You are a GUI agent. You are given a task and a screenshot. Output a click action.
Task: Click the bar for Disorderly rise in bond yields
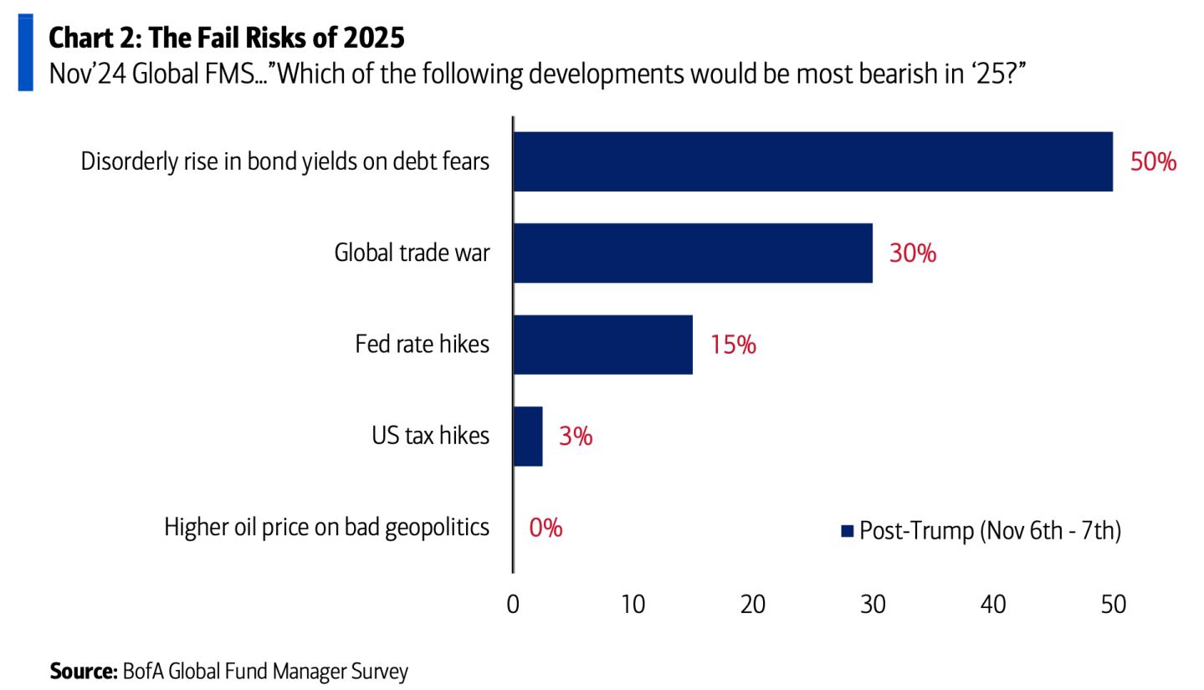[812, 161]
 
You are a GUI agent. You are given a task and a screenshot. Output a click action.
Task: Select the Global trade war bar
[692, 253]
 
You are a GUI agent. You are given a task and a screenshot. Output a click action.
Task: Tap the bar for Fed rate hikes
[602, 345]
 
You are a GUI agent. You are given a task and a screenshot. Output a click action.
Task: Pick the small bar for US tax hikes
[527, 436]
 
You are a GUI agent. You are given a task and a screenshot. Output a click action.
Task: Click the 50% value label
[1153, 162]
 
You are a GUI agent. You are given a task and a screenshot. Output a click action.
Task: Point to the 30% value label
[913, 253]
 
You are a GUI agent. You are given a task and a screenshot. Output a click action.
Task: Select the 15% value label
[733, 345]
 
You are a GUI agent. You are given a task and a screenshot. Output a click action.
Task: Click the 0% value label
[546, 528]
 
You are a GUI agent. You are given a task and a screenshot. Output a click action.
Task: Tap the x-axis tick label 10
[633, 605]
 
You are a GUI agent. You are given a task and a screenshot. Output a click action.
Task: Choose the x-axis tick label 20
[753, 605]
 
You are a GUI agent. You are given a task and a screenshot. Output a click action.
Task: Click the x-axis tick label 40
[993, 605]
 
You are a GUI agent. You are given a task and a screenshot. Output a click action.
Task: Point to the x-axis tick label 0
[513, 605]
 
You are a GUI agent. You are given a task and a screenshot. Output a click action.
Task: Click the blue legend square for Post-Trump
[847, 531]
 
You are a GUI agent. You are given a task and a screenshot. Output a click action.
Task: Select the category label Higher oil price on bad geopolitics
[326, 528]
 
